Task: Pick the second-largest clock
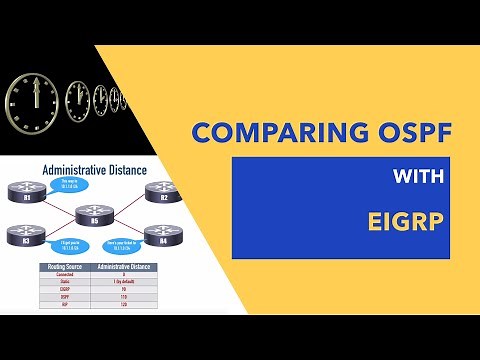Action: click(x=78, y=101)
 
